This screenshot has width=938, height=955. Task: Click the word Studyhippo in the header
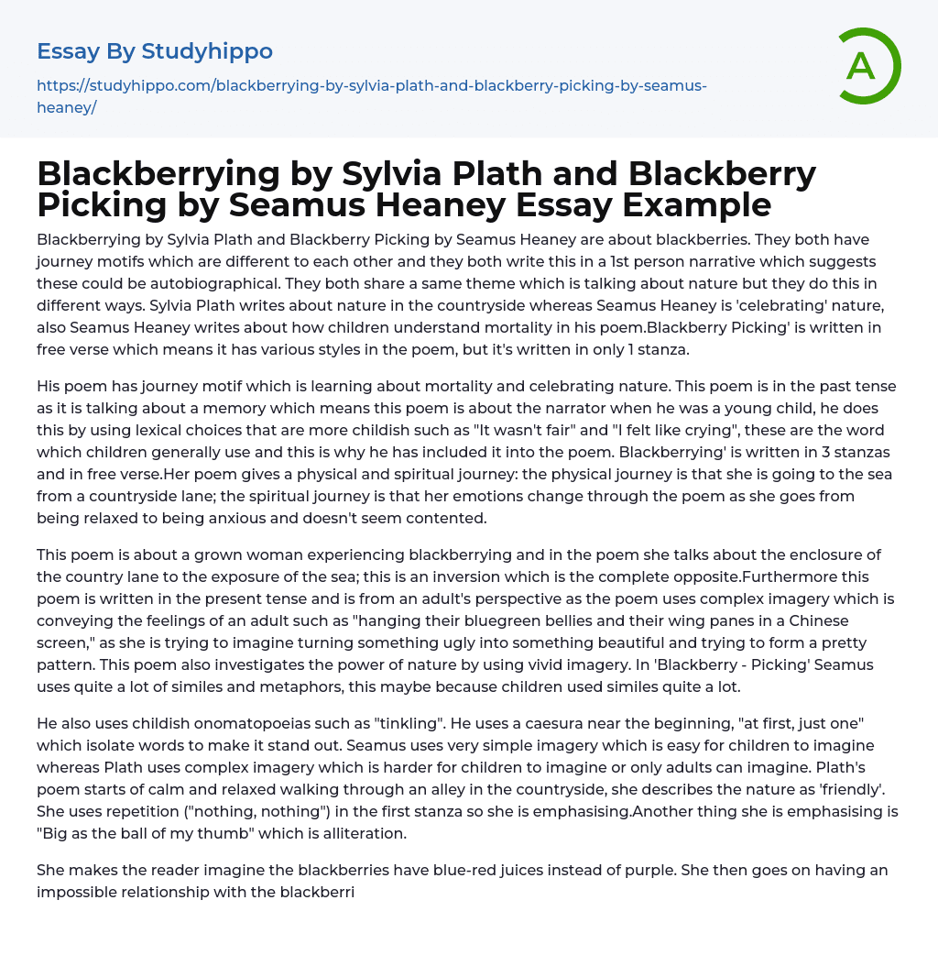(207, 51)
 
